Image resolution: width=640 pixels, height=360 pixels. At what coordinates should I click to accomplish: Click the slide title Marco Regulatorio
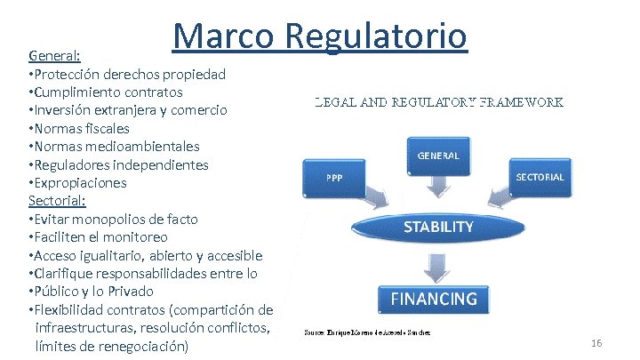coord(319,36)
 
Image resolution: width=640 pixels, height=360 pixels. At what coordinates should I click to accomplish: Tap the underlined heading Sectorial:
coord(56,201)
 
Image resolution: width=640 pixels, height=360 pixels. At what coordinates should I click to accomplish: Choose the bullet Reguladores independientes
coord(119,164)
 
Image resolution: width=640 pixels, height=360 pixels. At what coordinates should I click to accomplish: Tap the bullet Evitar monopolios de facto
coord(114,220)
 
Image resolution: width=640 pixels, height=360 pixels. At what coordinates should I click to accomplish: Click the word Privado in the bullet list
coord(130,292)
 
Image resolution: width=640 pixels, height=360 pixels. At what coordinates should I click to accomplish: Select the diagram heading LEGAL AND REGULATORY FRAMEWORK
coord(439,103)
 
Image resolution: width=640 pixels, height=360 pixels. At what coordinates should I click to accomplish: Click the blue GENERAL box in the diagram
coord(438,156)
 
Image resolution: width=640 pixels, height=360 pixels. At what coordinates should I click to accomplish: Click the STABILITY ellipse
coord(438,228)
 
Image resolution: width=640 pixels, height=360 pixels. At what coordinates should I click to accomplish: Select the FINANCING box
coord(435,299)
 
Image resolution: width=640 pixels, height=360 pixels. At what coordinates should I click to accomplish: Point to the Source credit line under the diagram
coord(367,332)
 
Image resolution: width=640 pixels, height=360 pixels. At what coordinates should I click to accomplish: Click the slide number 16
coord(596,343)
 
